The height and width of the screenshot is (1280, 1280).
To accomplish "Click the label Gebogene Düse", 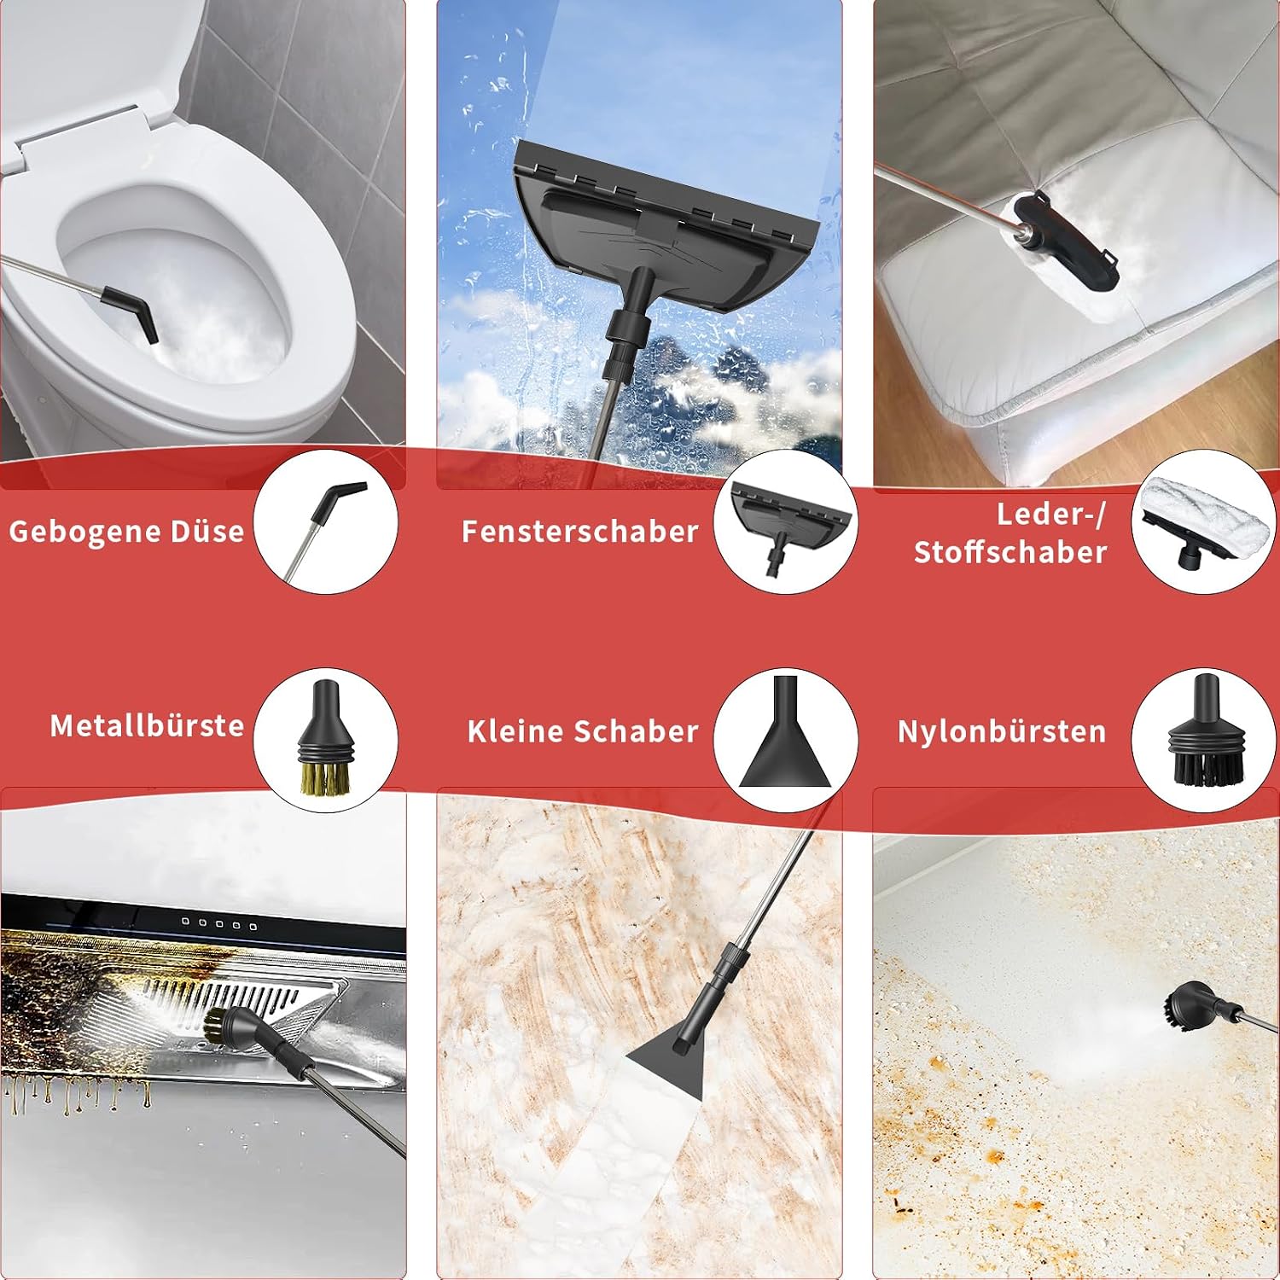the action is coord(126,532).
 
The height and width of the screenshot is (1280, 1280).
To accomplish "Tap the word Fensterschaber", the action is coord(580,532).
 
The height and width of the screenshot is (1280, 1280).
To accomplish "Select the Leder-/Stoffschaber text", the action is coord(1010,533).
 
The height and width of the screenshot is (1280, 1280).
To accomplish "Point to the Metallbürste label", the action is coord(147,725).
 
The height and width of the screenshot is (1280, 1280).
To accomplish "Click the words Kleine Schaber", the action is coord(583,731).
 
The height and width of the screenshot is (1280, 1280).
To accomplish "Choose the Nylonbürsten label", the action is coord(1002,731).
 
